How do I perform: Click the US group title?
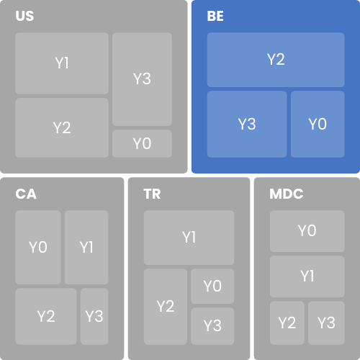tap(24, 16)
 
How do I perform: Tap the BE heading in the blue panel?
tap(215, 16)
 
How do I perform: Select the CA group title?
tap(26, 194)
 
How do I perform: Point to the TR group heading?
tap(152, 194)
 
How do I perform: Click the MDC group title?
tap(287, 194)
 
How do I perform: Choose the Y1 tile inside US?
tap(62, 63)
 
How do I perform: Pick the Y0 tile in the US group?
tap(142, 144)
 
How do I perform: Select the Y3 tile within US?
tap(142, 79)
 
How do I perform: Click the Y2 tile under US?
tap(62, 127)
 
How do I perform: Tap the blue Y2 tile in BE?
tap(276, 60)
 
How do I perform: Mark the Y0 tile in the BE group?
tap(318, 125)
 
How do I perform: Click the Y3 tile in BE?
tap(247, 125)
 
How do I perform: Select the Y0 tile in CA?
tap(38, 248)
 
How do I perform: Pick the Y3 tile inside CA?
tap(94, 317)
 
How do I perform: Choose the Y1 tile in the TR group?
tap(189, 238)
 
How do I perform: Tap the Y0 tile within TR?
tap(212, 287)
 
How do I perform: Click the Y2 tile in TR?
tap(166, 307)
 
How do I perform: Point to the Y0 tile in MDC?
tap(307, 231)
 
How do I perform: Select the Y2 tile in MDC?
tap(287, 323)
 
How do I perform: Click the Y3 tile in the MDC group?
tap(326, 323)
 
